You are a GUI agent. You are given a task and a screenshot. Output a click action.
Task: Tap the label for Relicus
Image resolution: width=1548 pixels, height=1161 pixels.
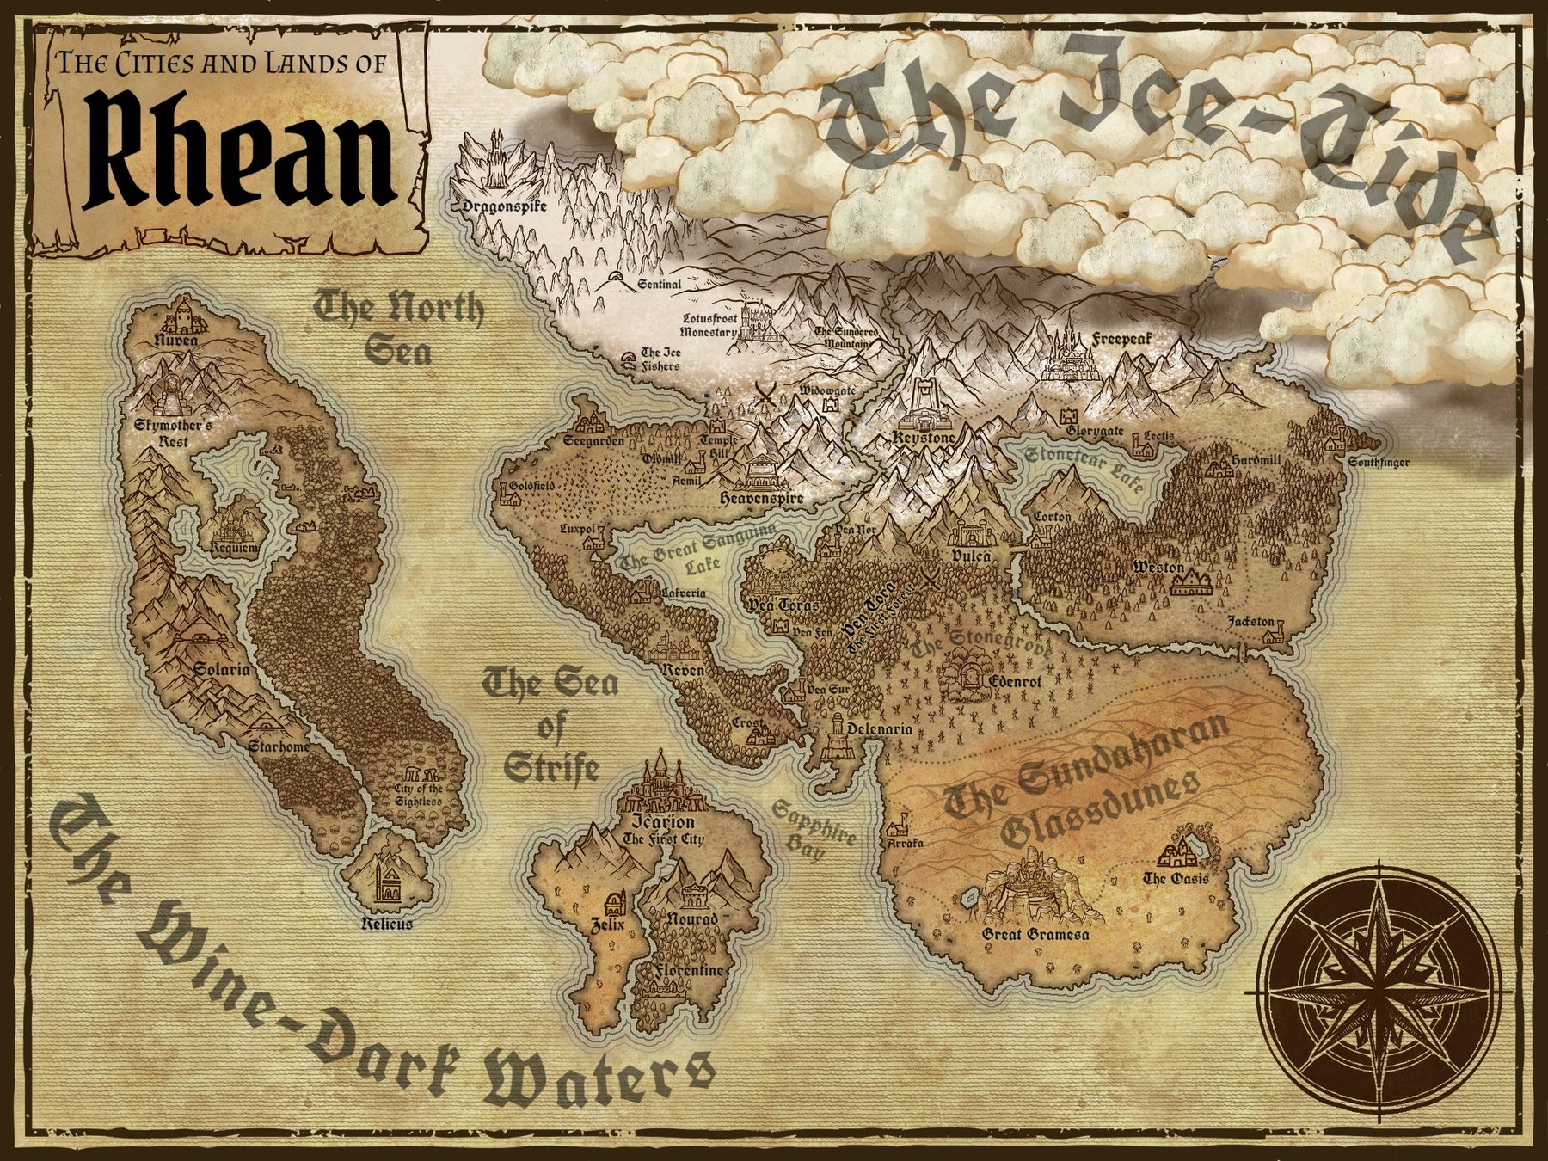tap(386, 924)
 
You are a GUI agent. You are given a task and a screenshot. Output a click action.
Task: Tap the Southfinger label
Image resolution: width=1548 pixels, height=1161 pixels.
tap(1379, 463)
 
